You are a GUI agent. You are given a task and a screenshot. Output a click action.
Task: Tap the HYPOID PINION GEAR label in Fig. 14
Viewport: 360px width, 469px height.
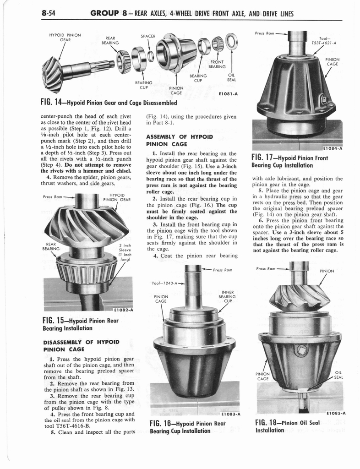pyautogui.click(x=65, y=37)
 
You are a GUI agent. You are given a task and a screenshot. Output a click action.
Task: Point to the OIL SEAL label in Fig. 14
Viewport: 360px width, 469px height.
pyautogui.click(x=231, y=77)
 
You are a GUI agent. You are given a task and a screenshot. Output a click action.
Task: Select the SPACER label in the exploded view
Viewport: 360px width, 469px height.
pyautogui.click(x=148, y=36)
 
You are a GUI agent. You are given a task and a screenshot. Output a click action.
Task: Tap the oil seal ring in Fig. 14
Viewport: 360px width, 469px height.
pyautogui.click(x=232, y=43)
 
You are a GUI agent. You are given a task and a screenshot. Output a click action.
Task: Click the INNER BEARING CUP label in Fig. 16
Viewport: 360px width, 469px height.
pyautogui.click(x=227, y=297)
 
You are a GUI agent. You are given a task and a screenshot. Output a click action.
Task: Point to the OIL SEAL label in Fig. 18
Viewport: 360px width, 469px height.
pyautogui.click(x=339, y=375)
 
